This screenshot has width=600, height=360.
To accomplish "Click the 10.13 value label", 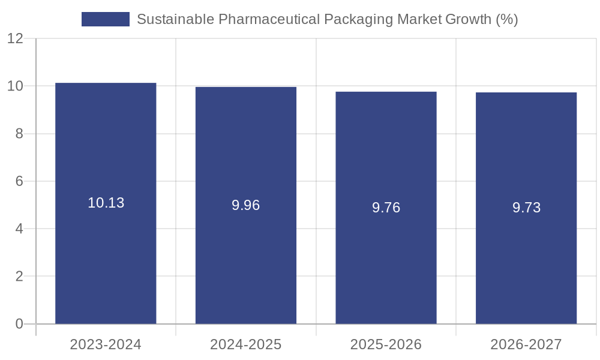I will click(x=106, y=203).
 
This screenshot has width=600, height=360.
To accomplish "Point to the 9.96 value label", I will click(x=246, y=205).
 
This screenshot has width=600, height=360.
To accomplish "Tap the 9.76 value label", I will click(x=386, y=208).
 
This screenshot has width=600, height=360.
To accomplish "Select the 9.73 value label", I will click(x=526, y=208).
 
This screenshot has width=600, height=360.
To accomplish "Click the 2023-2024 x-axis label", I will click(x=106, y=344).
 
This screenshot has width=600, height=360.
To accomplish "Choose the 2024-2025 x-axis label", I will click(x=246, y=344).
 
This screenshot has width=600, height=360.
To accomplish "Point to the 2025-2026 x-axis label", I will click(x=386, y=344).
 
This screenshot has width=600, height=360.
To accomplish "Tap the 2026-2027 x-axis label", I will click(x=526, y=344).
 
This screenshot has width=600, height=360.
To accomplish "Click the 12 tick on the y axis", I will click(x=15, y=38).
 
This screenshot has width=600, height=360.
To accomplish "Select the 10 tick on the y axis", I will click(x=15, y=86).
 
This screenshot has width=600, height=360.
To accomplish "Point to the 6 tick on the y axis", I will click(x=19, y=181).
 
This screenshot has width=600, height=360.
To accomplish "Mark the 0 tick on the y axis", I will click(x=19, y=324).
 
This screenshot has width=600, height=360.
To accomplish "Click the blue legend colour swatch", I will click(x=106, y=19).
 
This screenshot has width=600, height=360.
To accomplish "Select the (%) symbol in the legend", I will click(x=506, y=19).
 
